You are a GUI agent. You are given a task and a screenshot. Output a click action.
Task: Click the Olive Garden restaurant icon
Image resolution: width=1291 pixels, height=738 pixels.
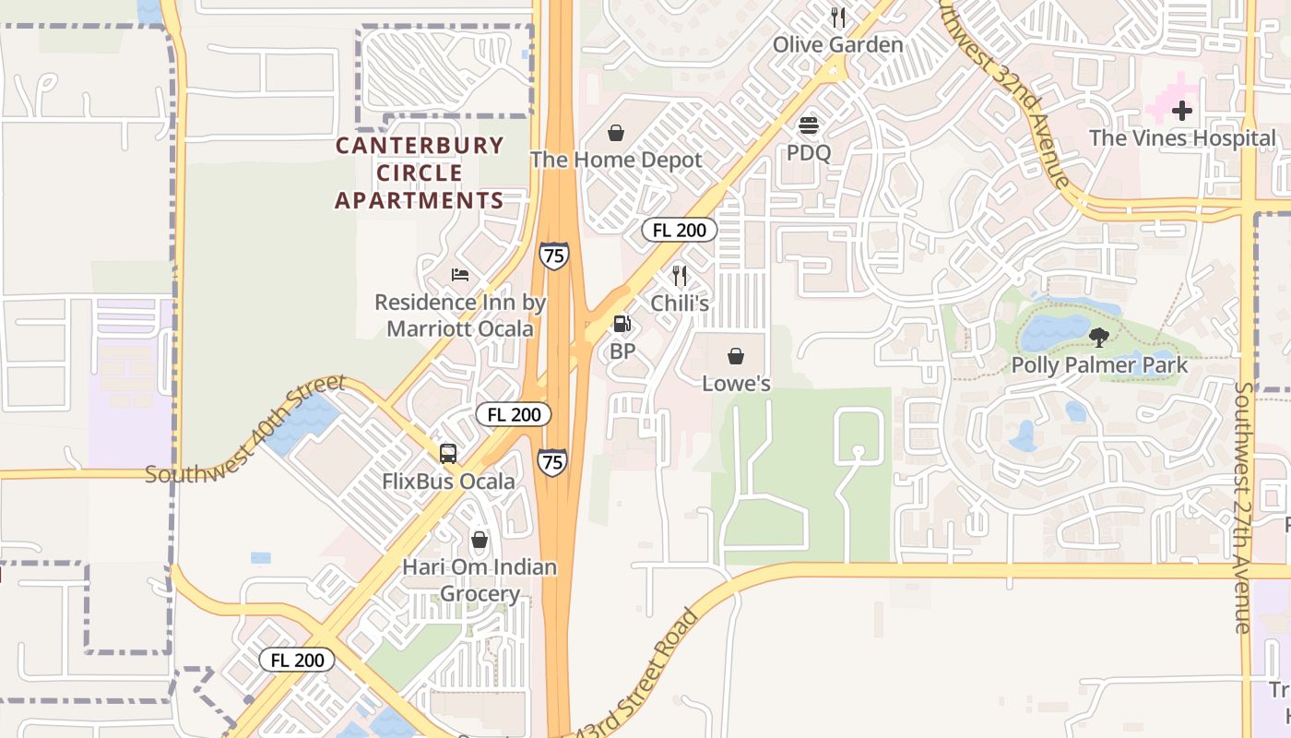838,17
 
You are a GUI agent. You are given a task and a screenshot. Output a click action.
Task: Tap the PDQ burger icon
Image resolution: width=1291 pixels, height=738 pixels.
809,125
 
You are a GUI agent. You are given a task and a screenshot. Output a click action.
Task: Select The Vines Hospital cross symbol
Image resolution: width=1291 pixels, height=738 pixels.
1181,112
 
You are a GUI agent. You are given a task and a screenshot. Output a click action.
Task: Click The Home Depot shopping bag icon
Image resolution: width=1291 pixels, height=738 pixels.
616,134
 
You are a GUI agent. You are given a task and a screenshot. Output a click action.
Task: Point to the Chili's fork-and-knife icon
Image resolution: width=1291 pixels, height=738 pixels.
680,275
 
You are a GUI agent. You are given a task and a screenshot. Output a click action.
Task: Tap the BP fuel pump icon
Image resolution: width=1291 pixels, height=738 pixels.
622,324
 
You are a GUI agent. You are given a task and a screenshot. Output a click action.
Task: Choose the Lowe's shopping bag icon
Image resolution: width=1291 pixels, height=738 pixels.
736,356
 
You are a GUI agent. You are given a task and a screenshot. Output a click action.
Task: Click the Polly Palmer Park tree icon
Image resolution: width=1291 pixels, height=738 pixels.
1098,337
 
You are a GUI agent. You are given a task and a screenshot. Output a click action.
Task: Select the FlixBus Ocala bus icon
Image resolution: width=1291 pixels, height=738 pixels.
448,453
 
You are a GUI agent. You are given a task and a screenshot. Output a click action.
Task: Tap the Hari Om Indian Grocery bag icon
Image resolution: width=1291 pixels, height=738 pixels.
480,540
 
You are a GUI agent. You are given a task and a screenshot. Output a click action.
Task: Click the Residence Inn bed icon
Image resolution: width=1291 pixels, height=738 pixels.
460,275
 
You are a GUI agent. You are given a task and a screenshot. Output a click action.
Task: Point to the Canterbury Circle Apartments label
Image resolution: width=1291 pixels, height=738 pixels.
420,173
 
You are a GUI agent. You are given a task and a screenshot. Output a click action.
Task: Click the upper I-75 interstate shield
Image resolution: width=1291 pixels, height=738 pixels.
554,256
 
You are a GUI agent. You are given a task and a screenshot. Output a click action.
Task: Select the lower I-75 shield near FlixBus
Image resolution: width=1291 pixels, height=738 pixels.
552,461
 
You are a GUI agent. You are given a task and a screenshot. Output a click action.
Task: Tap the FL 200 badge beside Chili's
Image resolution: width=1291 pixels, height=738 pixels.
679,231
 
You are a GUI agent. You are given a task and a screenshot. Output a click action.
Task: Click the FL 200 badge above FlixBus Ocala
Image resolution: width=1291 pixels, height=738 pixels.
514,414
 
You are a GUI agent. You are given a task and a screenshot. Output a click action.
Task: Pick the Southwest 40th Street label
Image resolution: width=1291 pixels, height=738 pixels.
245,430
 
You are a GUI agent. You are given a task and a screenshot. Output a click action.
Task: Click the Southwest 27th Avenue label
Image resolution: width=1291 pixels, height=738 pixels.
1243,507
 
